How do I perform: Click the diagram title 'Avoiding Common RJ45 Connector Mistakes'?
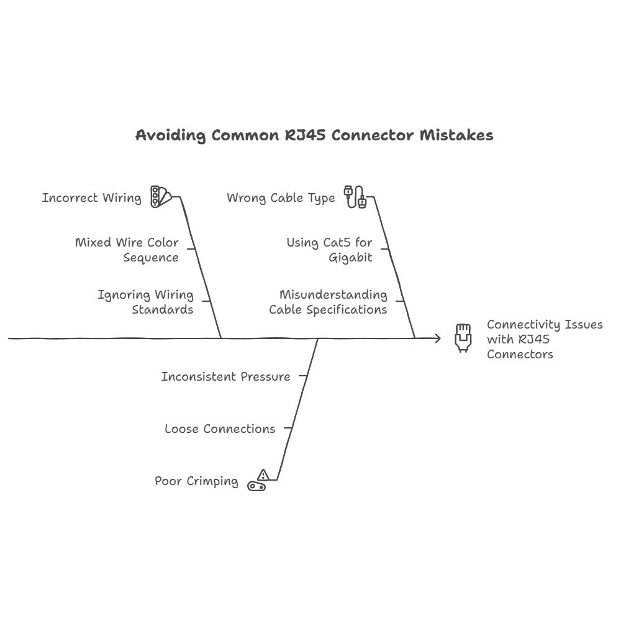click(x=314, y=135)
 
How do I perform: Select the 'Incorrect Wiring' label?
click(x=91, y=198)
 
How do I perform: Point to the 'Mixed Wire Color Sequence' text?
click(x=127, y=250)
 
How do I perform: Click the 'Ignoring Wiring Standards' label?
click(x=145, y=302)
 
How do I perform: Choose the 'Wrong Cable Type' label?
click(x=281, y=198)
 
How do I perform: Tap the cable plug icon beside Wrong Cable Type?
click(x=355, y=196)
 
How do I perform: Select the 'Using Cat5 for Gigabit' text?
click(x=329, y=250)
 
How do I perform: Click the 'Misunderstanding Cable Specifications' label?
click(x=328, y=302)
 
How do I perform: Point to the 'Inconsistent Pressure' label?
click(x=225, y=376)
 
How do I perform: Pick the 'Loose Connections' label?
click(x=220, y=428)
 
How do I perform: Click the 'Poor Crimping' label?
click(x=196, y=481)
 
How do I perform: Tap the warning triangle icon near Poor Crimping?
click(x=263, y=476)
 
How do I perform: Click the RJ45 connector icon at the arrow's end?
click(x=463, y=338)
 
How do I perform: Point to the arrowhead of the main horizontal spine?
click(x=438, y=338)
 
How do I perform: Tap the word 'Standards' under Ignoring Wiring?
click(x=162, y=309)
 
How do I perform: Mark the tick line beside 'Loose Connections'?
click(x=288, y=428)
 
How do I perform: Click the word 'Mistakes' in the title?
click(x=456, y=135)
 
